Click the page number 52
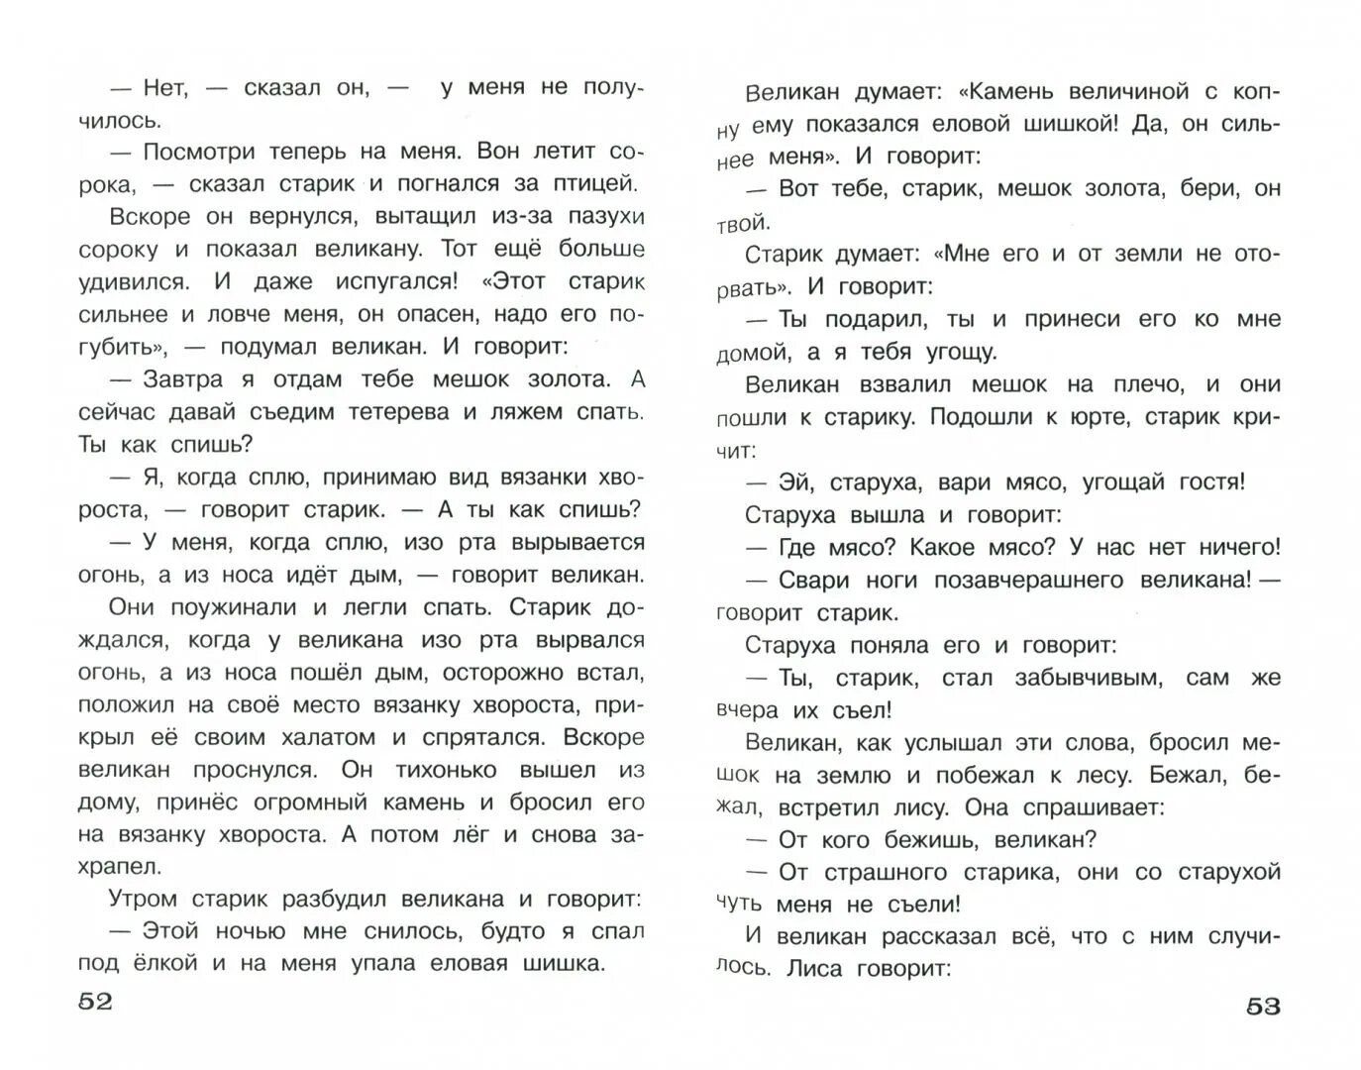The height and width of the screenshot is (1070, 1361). click(95, 1002)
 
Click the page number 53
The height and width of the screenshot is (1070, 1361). click(1263, 1007)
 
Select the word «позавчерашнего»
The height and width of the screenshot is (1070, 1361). click(1016, 581)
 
